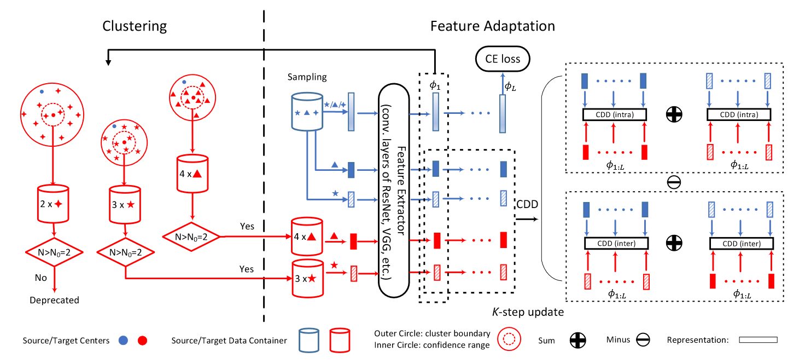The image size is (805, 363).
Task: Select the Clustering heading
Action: click(x=135, y=26)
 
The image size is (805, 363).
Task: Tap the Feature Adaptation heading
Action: click(x=492, y=26)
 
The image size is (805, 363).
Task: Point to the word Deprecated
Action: click(x=54, y=300)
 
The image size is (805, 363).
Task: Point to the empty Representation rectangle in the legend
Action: click(x=757, y=341)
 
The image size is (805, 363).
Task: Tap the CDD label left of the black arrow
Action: click(x=526, y=205)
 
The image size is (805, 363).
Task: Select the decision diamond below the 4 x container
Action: click(x=191, y=237)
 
